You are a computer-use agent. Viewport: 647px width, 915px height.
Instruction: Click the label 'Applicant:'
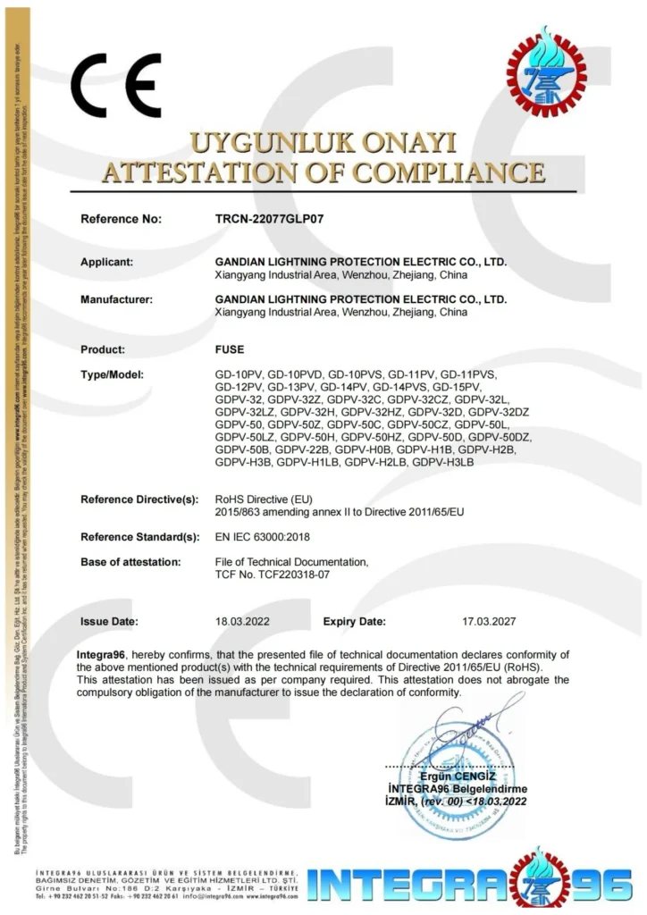[107, 262]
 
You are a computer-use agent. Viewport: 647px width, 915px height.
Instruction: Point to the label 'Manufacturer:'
[116, 299]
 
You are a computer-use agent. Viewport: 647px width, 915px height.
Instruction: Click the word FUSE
[230, 349]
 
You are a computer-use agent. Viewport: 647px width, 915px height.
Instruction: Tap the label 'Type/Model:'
[112, 374]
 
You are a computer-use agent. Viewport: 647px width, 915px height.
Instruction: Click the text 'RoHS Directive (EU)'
[262, 499]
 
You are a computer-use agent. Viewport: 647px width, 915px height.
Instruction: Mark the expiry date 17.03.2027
[489, 621]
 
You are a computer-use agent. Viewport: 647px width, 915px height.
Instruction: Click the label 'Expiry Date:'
[355, 621]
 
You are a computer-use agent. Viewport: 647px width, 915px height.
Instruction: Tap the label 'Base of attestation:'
[130, 561]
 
